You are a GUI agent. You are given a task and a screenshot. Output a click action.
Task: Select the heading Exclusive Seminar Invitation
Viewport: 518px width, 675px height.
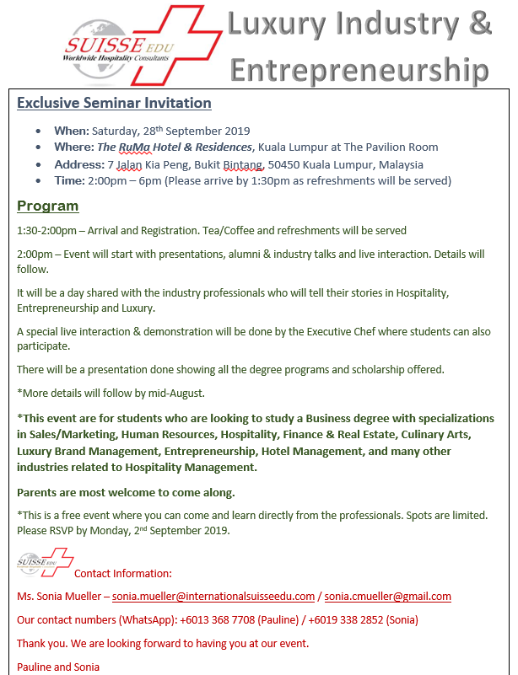[114, 104]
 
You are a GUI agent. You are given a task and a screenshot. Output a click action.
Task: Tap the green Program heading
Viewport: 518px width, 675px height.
[47, 206]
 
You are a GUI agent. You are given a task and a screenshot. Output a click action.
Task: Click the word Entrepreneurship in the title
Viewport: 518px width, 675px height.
[359, 68]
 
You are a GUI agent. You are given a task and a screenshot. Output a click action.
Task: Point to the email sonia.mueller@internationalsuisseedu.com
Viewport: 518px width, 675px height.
[213, 597]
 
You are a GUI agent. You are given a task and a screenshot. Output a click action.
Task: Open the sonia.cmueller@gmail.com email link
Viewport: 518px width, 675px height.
[387, 597]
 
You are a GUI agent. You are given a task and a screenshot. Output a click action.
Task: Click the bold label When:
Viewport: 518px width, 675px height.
[72, 131]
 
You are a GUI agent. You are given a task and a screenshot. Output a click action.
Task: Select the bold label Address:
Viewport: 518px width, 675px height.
[79, 164]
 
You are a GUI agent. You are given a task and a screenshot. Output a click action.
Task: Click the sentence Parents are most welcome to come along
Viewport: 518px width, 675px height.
[127, 492]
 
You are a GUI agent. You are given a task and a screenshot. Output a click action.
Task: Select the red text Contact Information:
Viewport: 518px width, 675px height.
[123, 574]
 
